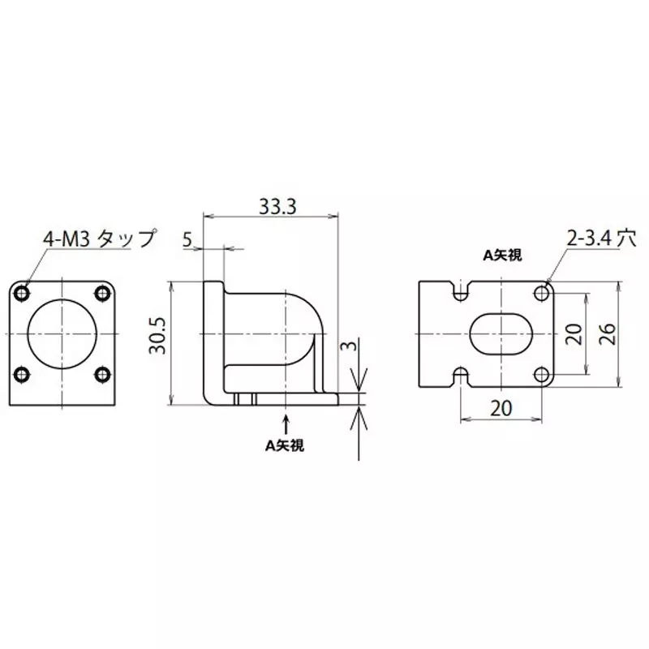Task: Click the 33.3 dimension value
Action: [277, 207]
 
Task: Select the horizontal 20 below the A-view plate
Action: [502, 409]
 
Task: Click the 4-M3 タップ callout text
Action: [98, 239]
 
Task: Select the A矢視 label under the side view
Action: [286, 445]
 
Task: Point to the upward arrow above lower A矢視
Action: [286, 422]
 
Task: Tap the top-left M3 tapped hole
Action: [23, 292]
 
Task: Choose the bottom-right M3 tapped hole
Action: [103, 374]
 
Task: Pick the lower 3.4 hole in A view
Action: [541, 374]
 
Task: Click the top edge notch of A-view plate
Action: [462, 290]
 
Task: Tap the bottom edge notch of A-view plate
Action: [462, 377]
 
